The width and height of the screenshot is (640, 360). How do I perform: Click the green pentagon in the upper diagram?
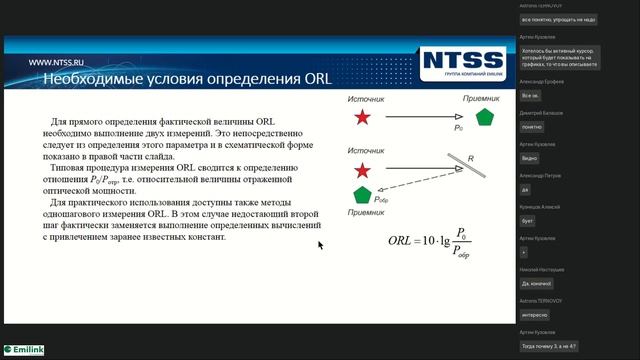(x=485, y=118)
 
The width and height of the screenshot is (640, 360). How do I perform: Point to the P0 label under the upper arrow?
(x=458, y=129)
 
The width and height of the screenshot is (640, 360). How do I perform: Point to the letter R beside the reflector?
(x=469, y=159)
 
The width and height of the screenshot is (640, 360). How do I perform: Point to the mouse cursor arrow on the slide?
(x=321, y=244)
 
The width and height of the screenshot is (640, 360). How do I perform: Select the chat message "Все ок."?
(x=530, y=96)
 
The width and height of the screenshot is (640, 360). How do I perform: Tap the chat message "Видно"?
(x=531, y=158)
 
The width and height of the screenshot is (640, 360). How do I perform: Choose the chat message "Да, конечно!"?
(x=538, y=283)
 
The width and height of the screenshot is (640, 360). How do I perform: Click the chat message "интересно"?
(x=535, y=314)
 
